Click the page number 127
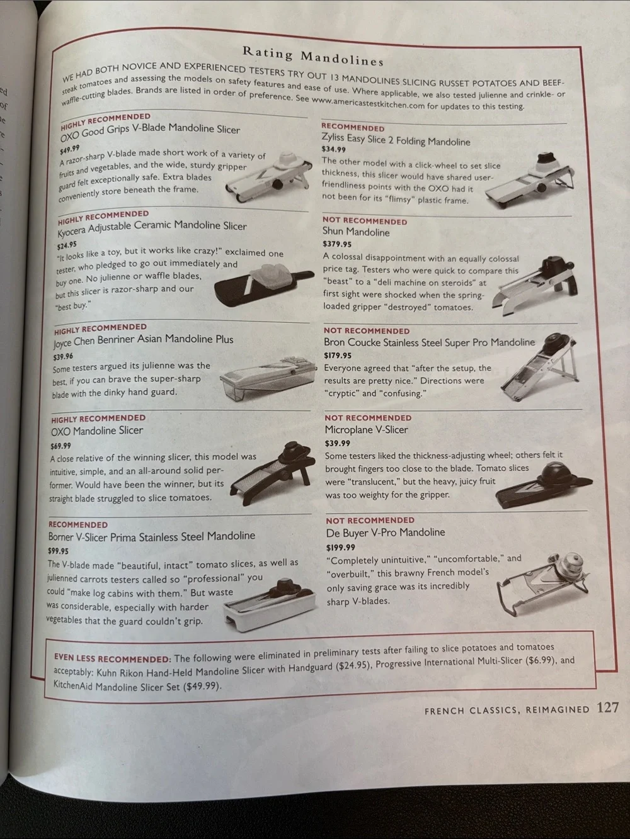(x=607, y=708)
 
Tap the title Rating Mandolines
(x=313, y=56)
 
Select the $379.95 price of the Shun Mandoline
(x=337, y=244)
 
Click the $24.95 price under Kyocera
(x=67, y=245)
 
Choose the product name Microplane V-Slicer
(x=366, y=430)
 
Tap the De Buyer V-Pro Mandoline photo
(x=543, y=583)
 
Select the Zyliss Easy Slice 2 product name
(x=396, y=140)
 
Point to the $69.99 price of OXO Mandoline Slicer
(x=60, y=446)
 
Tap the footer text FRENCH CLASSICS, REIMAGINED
(x=507, y=710)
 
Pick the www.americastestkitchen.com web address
(x=368, y=103)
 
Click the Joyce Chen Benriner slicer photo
(x=268, y=378)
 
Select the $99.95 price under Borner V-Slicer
(x=58, y=551)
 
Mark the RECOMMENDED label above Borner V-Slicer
(x=78, y=524)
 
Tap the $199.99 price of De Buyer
(x=340, y=548)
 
